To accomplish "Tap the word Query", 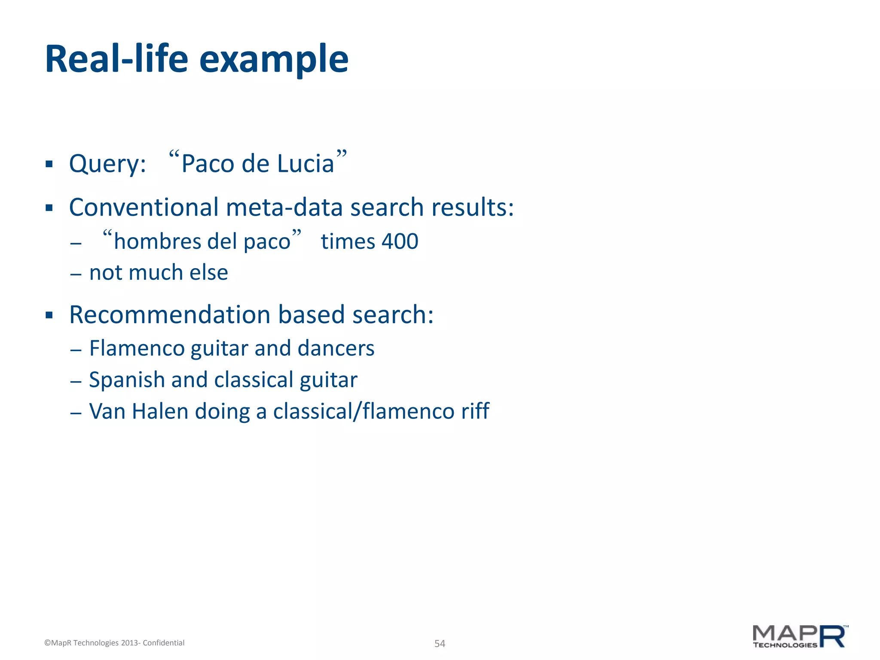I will pyautogui.click(x=107, y=164).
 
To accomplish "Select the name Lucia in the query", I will pyautogui.click(x=306, y=164).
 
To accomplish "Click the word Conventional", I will pyautogui.click(x=144, y=207).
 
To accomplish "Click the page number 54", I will pyautogui.click(x=440, y=643).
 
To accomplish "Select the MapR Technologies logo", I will pyautogui.click(x=800, y=636).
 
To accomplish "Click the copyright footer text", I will pyautogui.click(x=114, y=643).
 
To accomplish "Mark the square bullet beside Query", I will pyautogui.click(x=49, y=164).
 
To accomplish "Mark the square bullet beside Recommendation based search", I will pyautogui.click(x=49, y=315).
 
